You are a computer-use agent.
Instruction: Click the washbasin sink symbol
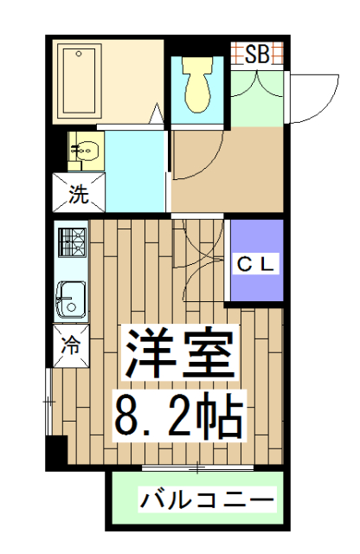coord(85,152)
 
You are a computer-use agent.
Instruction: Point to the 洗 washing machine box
coord(79,192)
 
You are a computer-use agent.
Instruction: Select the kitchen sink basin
coord(69,300)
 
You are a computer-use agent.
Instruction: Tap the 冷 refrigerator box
coord(71,344)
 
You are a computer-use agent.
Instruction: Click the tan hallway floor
coord(228,169)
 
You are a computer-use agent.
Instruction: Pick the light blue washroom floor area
coord(136,169)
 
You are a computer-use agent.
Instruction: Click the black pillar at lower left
coord(56,450)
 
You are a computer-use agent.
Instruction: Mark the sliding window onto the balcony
coord(197,468)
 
